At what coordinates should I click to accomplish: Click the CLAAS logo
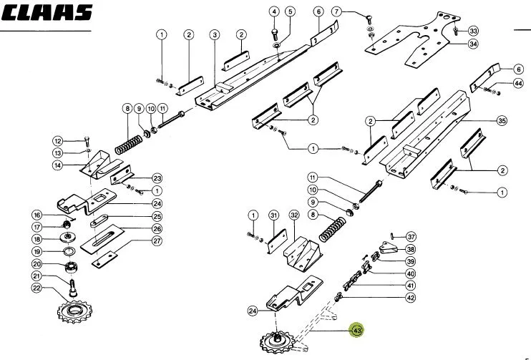click(x=47, y=12)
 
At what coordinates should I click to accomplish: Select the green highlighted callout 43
click(x=357, y=330)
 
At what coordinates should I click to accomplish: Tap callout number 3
click(x=215, y=34)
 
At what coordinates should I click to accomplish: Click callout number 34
click(x=473, y=44)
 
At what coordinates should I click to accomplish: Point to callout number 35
click(x=502, y=120)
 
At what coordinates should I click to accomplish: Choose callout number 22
click(x=36, y=288)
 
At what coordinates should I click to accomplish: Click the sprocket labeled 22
click(x=74, y=311)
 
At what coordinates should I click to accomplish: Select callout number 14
click(x=58, y=165)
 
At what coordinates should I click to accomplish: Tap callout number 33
click(x=473, y=31)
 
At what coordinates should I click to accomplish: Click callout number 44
click(x=518, y=83)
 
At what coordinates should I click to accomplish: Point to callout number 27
click(x=157, y=240)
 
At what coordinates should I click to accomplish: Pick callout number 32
click(x=294, y=215)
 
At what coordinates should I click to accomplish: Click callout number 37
click(x=411, y=237)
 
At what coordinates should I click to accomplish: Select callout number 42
click(x=411, y=298)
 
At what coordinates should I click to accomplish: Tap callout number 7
click(x=336, y=12)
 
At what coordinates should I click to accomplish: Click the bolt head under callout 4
click(x=274, y=31)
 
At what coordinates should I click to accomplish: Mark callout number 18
click(x=36, y=239)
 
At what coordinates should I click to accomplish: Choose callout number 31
click(x=273, y=215)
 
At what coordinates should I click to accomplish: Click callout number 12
click(x=58, y=141)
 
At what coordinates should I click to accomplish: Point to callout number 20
click(x=36, y=264)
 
